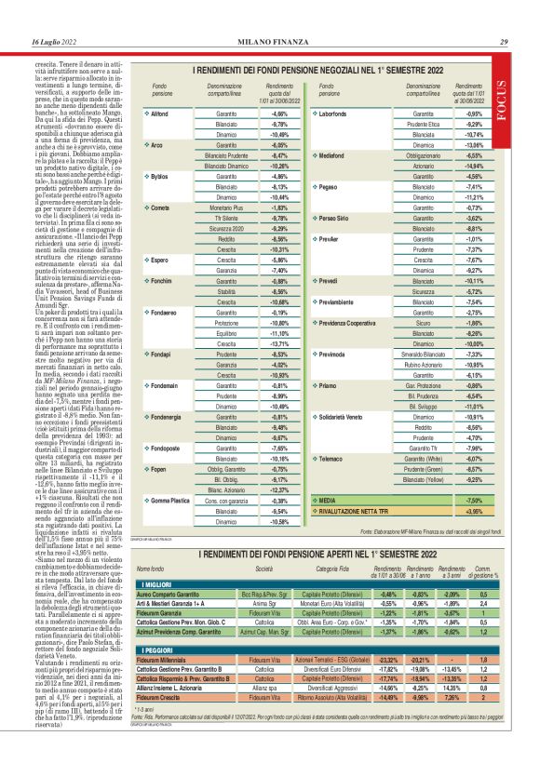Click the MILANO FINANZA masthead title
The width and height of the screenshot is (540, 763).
[x=270, y=43]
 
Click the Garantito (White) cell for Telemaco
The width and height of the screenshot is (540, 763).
[x=424, y=459]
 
